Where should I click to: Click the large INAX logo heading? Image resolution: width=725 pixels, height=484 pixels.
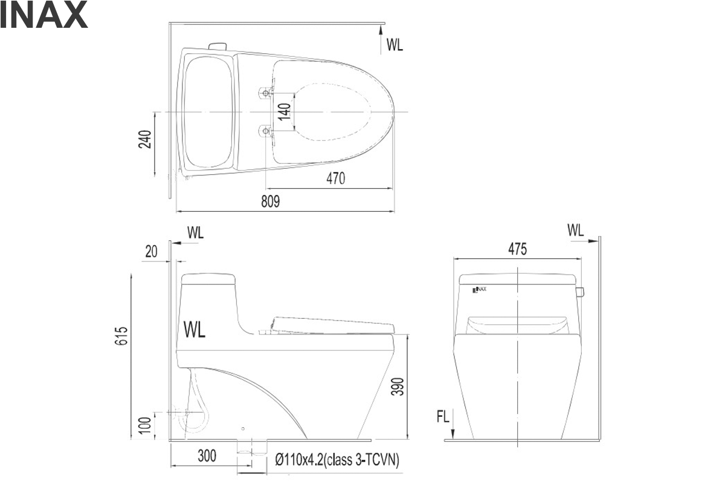click(x=43, y=15)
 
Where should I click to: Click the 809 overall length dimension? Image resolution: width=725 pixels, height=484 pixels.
click(x=270, y=201)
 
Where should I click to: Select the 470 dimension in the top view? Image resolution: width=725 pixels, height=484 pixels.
click(x=336, y=178)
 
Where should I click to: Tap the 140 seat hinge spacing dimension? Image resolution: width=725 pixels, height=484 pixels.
click(x=285, y=111)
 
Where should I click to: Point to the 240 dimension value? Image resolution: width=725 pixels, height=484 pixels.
click(x=145, y=139)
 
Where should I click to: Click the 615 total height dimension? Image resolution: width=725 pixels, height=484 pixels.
click(x=121, y=336)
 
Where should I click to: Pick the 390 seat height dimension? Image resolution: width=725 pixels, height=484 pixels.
click(x=398, y=387)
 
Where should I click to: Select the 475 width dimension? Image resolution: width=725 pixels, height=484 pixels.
click(x=518, y=249)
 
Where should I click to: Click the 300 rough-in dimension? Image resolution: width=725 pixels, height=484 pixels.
click(x=207, y=456)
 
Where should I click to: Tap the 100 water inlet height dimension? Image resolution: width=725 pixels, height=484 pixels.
click(x=145, y=425)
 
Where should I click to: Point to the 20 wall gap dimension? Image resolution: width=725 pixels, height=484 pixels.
click(x=151, y=252)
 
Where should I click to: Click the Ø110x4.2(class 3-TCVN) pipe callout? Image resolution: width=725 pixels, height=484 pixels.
click(x=337, y=460)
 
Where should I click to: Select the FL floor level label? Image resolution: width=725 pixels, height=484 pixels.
click(x=443, y=417)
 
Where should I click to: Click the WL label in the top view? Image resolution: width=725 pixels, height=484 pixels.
click(x=395, y=45)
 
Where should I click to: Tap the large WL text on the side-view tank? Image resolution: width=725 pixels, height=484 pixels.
click(x=194, y=330)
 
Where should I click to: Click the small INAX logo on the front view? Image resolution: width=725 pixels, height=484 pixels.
click(x=479, y=289)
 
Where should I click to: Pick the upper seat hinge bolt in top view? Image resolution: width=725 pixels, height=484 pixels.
click(x=266, y=93)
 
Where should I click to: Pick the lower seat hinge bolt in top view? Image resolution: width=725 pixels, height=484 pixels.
click(x=266, y=131)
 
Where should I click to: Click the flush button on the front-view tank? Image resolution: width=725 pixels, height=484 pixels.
click(x=581, y=292)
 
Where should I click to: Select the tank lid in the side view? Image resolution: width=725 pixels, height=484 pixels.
click(x=208, y=279)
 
